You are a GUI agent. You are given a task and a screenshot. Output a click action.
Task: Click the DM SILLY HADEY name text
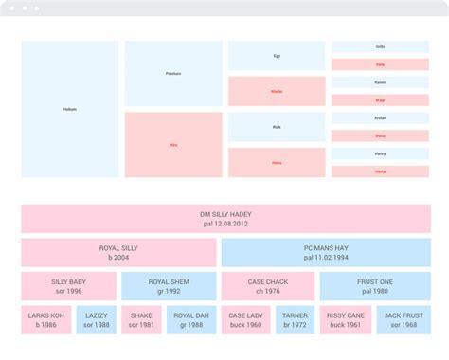click(x=225, y=214)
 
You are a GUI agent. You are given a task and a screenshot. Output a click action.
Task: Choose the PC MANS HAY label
click(x=325, y=248)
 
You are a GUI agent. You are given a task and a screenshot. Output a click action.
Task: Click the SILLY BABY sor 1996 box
click(x=68, y=286)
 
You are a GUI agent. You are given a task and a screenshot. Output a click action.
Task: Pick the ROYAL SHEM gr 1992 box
click(x=168, y=286)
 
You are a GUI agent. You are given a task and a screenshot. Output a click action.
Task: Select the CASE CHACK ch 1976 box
click(x=267, y=286)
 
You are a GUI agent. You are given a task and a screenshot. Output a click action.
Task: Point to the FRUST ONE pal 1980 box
click(x=374, y=286)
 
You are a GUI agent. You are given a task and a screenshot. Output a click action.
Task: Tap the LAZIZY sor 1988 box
click(x=96, y=319)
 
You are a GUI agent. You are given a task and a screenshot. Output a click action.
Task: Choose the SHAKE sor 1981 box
click(x=142, y=319)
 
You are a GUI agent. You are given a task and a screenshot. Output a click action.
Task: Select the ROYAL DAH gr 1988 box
click(x=191, y=319)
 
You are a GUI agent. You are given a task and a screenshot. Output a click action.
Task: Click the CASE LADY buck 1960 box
click(x=245, y=319)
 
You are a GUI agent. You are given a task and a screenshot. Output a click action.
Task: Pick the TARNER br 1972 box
click(x=295, y=319)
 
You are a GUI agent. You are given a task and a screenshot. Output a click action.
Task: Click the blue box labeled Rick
click(x=277, y=127)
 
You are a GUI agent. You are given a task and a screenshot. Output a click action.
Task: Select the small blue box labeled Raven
click(x=380, y=82)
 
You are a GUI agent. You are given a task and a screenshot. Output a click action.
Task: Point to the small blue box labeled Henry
click(x=380, y=153)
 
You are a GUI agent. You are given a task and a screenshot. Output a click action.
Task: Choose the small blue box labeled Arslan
click(x=380, y=118)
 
